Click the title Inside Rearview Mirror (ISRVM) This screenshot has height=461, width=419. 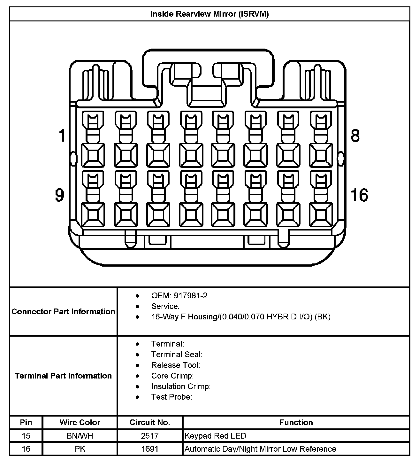click(x=209, y=14)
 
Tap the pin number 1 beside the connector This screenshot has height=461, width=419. click(x=62, y=135)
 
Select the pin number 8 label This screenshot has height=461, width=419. click(x=355, y=135)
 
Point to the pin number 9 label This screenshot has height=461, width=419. click(x=60, y=195)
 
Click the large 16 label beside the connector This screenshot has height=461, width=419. click(x=359, y=195)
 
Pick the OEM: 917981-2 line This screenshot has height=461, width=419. click(x=179, y=296)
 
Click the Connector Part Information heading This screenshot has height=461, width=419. click(x=63, y=312)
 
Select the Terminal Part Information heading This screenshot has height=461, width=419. click(x=63, y=376)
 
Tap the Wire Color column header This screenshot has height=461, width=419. click(x=80, y=422)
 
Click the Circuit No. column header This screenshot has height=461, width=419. click(x=150, y=422)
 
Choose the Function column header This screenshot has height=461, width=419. click(x=296, y=422)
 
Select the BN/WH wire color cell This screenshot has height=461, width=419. click(x=80, y=436)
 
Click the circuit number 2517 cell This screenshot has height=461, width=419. click(x=150, y=436)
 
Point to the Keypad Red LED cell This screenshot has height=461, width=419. click(x=215, y=436)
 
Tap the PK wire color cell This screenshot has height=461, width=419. click(x=80, y=449)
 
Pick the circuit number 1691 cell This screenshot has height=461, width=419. click(x=150, y=449)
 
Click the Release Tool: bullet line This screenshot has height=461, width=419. click(x=176, y=365)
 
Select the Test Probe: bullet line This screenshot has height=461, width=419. click(x=171, y=397)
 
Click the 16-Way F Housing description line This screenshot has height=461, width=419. click(x=241, y=317)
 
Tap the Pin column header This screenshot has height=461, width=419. click(x=26, y=422)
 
